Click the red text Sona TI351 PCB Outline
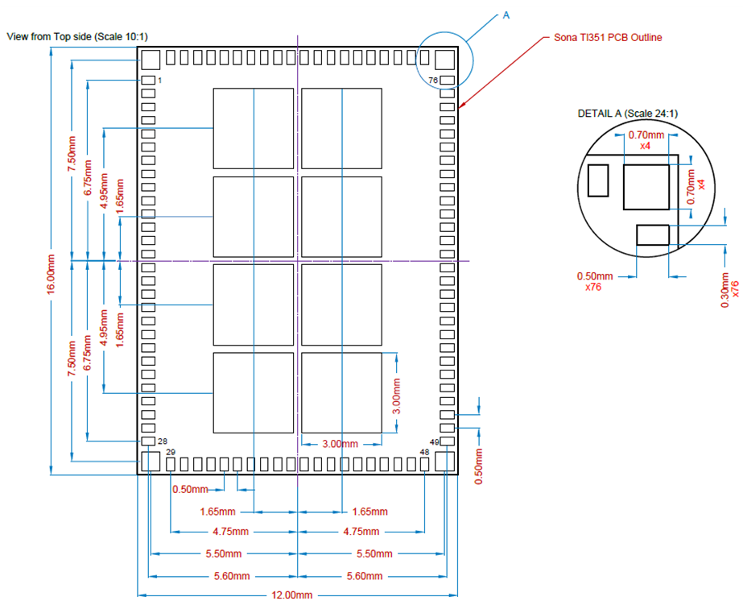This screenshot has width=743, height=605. pyautogui.click(x=609, y=38)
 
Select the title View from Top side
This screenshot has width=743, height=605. pyautogui.click(x=76, y=37)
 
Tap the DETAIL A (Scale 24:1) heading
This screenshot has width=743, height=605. pyautogui.click(x=628, y=114)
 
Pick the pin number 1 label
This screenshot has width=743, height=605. pyautogui.click(x=160, y=81)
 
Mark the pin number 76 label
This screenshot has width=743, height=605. pyautogui.click(x=432, y=81)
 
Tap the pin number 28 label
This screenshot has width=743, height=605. pyautogui.click(x=163, y=441)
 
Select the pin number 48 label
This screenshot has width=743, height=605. pyautogui.click(x=424, y=453)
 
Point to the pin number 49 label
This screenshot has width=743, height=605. pyautogui.click(x=434, y=441)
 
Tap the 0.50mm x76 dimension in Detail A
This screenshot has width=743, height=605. pyautogui.click(x=595, y=281)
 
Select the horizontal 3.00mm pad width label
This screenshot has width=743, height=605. pyautogui.click(x=340, y=444)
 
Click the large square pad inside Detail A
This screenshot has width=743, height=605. pyautogui.click(x=646, y=187)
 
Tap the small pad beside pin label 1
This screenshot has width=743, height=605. pyautogui.click(x=148, y=81)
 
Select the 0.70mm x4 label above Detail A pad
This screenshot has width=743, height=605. pyautogui.click(x=646, y=141)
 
